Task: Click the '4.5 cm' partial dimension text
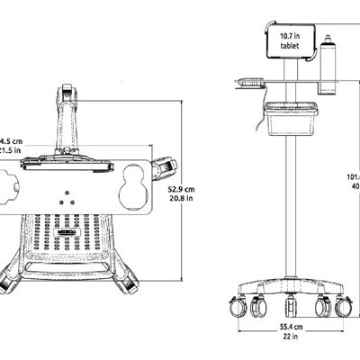click(x=10, y=141)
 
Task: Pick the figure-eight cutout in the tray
click(x=136, y=186)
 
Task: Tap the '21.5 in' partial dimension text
click(x=10, y=151)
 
